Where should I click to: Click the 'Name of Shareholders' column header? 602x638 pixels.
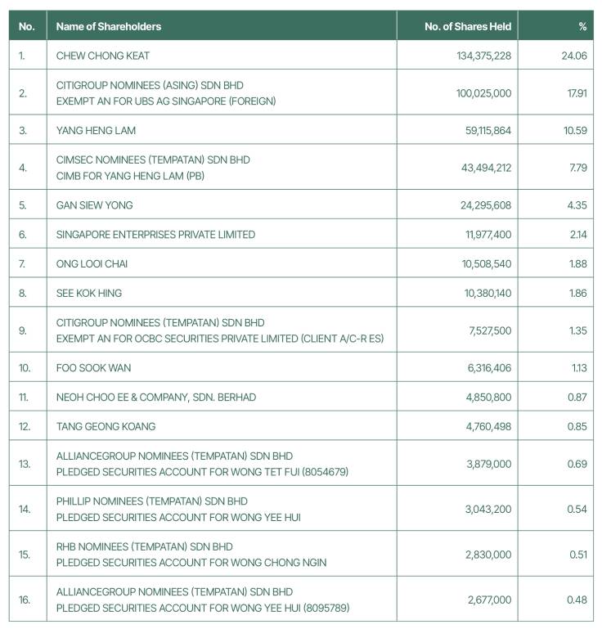point(109,26)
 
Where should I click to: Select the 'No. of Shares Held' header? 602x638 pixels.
point(467,26)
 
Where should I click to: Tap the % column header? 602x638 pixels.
point(582,26)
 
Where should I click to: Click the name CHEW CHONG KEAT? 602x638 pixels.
point(103,56)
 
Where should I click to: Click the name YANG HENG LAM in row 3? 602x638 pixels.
point(96,130)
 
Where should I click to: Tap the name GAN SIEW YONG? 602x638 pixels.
point(94,205)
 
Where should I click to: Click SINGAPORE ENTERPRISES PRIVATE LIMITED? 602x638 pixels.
point(155,235)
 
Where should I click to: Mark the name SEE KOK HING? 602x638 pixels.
point(90,293)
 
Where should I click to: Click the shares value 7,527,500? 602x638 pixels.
point(490,330)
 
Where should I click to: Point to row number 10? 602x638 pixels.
point(25,368)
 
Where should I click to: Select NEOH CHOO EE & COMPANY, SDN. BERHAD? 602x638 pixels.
point(155,397)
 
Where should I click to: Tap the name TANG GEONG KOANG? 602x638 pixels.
point(106,426)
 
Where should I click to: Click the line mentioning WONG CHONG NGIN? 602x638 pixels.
point(191,563)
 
